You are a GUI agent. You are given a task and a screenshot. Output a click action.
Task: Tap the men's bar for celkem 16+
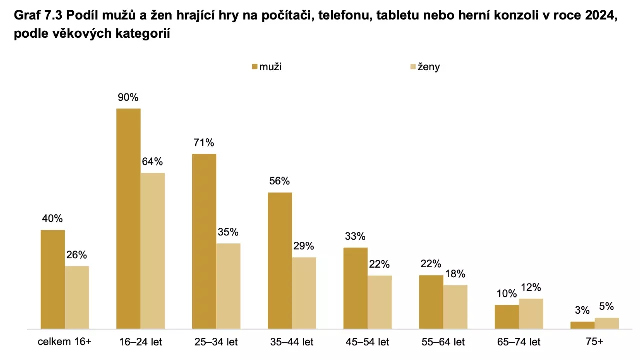pyautogui.click(x=53, y=279)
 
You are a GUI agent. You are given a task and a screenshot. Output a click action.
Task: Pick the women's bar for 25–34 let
pyautogui.click(x=228, y=286)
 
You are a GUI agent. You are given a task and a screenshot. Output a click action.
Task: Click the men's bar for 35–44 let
pyautogui.click(x=280, y=260)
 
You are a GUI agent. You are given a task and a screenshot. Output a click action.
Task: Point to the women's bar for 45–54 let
pyautogui.click(x=380, y=302)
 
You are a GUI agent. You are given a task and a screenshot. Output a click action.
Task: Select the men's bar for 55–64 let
pyautogui.click(x=431, y=302)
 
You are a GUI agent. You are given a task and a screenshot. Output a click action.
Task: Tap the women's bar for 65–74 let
pyautogui.click(x=531, y=313)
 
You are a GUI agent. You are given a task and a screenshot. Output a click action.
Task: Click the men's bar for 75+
pyautogui.click(x=582, y=325)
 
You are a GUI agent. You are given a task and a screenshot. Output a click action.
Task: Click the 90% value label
pyautogui.click(x=128, y=98)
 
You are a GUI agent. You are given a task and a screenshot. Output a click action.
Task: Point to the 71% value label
pyautogui.click(x=204, y=143)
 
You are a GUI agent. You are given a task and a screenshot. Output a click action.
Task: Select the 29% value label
pyautogui.click(x=304, y=246)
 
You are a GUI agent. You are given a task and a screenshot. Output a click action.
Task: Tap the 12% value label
pyautogui.click(x=531, y=288)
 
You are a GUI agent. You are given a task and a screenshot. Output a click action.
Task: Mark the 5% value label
pyautogui.click(x=606, y=307)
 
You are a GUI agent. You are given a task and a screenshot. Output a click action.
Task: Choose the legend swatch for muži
pyautogui.click(x=255, y=67)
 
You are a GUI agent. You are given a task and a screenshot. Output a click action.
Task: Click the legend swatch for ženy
pyautogui.click(x=412, y=67)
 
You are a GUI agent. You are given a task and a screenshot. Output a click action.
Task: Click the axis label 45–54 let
pyautogui.click(x=367, y=343)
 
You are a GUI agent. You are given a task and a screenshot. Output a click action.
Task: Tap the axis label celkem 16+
pyautogui.click(x=65, y=343)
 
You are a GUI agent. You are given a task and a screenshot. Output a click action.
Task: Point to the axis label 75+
pyautogui.click(x=594, y=343)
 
